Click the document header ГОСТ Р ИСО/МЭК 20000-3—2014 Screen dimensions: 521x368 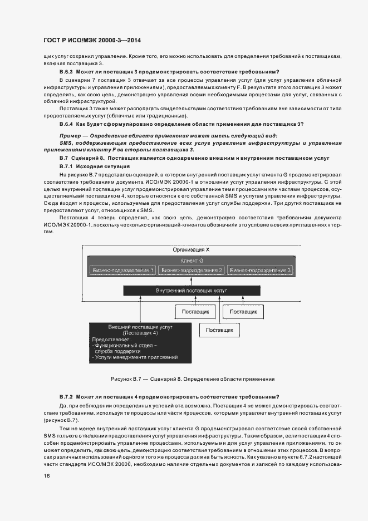click(91, 41)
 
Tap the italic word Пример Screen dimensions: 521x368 click(71, 136)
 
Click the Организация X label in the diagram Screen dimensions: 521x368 click(191, 250)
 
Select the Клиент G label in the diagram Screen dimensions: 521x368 click(191, 260)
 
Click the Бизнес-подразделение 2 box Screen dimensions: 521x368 click(191, 270)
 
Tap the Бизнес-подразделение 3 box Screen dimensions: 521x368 click(259, 270)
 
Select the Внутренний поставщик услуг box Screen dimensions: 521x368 click(191, 291)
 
